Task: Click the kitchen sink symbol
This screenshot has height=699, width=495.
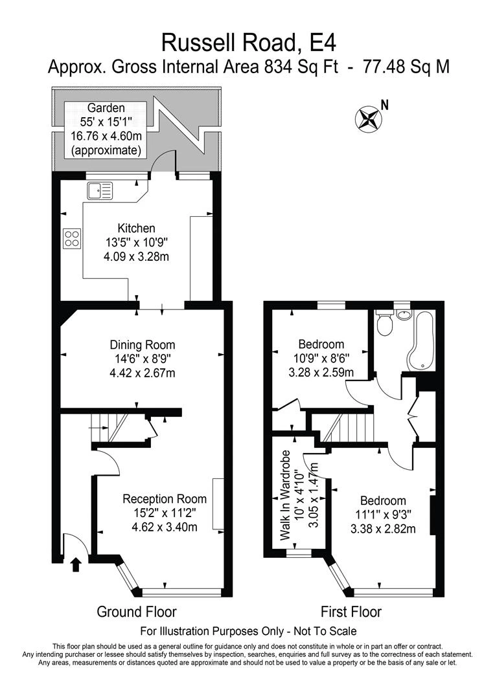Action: click(100, 191)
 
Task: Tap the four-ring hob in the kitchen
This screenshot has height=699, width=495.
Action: click(73, 238)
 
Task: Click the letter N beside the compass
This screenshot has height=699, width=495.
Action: click(385, 105)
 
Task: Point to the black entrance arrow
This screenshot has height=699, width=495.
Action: click(76, 564)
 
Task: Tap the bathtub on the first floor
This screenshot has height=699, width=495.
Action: click(420, 340)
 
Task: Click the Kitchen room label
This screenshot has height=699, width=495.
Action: click(136, 228)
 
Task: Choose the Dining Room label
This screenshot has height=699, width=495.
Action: click(143, 344)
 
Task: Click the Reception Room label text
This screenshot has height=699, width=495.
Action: click(165, 499)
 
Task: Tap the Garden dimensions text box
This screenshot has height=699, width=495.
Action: click(106, 129)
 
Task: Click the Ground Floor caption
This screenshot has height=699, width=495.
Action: click(137, 612)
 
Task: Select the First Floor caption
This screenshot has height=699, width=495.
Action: click(351, 612)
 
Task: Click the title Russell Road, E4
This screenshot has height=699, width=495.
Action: click(248, 43)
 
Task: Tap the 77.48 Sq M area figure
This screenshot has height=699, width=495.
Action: click(406, 67)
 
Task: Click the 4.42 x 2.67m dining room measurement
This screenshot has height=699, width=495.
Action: click(143, 373)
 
